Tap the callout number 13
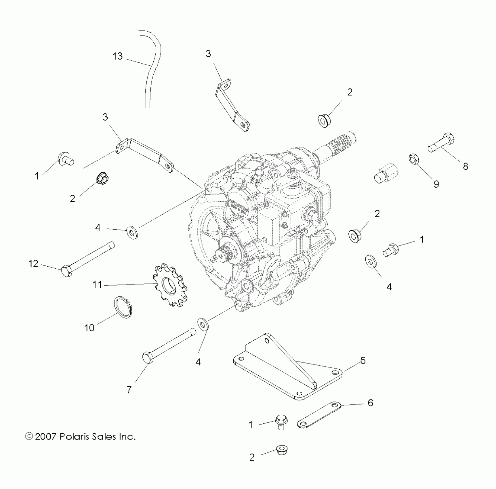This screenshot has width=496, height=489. (x=117, y=56)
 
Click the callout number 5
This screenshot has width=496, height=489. (x=363, y=360)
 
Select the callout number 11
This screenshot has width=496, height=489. (x=97, y=284)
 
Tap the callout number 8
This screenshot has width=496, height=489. (x=465, y=166)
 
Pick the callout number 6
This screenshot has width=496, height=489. (x=370, y=403)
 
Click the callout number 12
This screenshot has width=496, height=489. (x=33, y=263)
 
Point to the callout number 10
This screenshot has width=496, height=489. (x=89, y=328)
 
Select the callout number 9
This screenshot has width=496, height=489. (x=436, y=184)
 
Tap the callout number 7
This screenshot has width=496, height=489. (x=129, y=390)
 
